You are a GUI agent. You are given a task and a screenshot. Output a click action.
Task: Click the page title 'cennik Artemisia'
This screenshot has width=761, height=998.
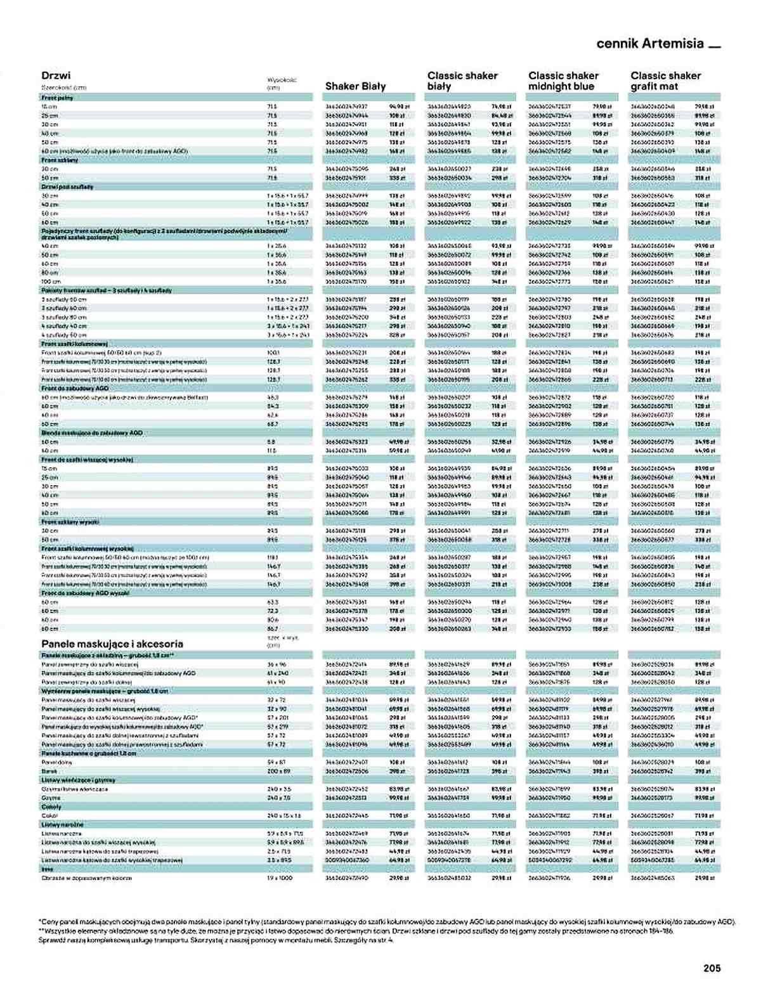(x=650, y=44)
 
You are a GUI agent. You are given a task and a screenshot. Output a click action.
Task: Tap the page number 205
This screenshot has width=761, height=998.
(x=712, y=968)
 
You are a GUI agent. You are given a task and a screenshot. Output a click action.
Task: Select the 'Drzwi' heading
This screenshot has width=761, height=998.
(x=56, y=75)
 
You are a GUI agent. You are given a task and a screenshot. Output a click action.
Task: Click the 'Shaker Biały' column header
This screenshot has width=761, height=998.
(x=355, y=86)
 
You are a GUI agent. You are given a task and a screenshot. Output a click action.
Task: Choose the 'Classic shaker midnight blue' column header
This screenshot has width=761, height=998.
(x=563, y=81)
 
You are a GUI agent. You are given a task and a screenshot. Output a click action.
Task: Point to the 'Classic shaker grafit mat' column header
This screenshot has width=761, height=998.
(x=665, y=81)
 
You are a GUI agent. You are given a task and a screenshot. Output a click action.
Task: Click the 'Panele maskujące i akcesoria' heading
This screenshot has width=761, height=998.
(x=112, y=643)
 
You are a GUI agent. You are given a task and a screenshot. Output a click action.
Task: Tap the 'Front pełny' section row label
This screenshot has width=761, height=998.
(x=57, y=98)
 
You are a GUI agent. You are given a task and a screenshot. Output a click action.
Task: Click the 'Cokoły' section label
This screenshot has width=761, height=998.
(x=51, y=807)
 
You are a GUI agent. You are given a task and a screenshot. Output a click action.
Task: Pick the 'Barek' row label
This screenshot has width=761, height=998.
(x=49, y=771)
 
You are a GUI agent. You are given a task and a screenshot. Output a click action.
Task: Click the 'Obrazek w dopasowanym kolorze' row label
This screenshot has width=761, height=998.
(x=77, y=878)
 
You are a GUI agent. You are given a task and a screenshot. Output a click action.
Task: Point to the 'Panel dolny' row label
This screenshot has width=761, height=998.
(x=56, y=762)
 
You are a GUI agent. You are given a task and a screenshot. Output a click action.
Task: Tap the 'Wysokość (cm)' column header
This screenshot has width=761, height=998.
(x=282, y=84)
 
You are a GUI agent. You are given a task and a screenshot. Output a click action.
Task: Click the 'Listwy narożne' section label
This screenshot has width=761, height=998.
(x=62, y=824)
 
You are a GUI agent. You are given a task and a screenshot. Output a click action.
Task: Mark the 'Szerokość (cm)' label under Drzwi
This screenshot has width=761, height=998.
(x=63, y=87)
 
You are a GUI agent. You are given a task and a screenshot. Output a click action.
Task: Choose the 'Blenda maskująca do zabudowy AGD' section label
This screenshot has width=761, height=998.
(x=92, y=432)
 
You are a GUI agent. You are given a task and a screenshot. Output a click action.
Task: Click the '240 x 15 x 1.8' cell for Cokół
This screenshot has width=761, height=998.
(x=284, y=815)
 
